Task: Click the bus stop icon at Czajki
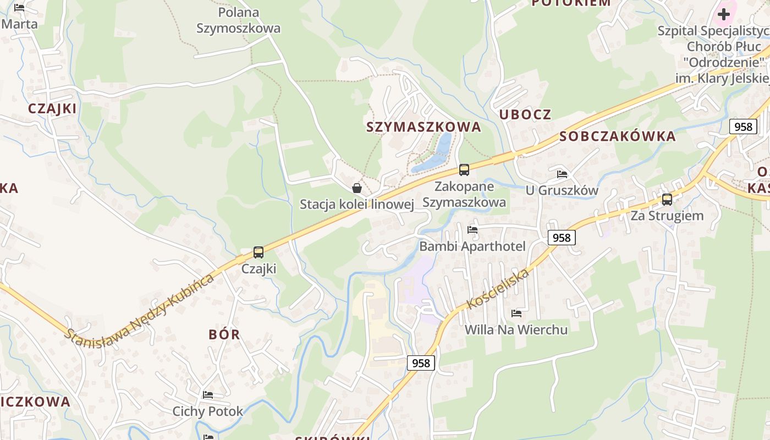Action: (258, 252)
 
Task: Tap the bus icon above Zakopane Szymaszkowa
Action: (464, 170)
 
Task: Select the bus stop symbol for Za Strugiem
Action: (667, 199)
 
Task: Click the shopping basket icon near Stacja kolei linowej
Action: (357, 188)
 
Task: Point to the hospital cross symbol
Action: (724, 14)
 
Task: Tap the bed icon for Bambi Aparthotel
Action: (472, 230)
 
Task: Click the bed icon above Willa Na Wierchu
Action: (516, 313)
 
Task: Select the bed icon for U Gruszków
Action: (562, 174)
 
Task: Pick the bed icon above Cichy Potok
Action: (207, 395)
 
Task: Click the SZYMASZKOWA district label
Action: (424, 127)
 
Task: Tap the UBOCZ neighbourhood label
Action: (525, 114)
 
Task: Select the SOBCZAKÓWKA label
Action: (617, 136)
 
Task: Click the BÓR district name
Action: (224, 334)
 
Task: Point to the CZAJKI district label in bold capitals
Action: (52, 108)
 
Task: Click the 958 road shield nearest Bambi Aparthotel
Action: (561, 238)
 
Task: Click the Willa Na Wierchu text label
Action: (516, 330)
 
